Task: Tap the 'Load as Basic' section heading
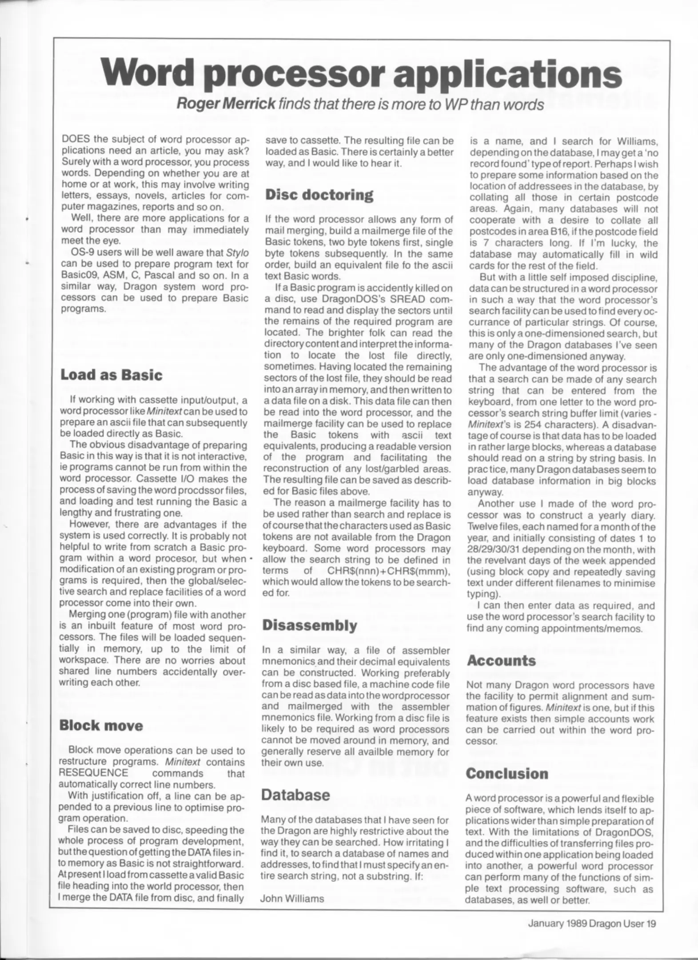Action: click(111, 375)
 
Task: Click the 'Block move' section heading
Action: click(101, 726)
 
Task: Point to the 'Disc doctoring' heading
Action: click(319, 195)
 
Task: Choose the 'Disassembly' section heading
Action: click(310, 625)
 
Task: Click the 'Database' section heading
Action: click(295, 795)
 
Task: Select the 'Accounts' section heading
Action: click(501, 660)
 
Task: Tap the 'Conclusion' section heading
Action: click(507, 774)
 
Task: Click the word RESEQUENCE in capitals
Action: click(93, 773)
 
